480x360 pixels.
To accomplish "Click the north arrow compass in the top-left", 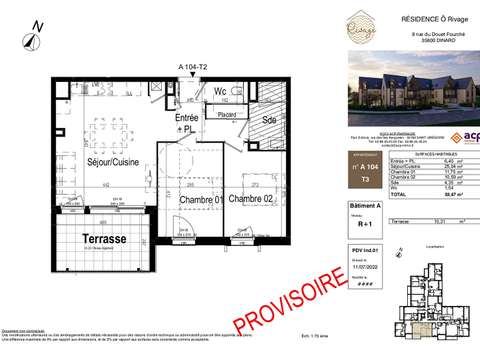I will (35, 37).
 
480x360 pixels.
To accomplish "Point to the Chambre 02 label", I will (251, 200).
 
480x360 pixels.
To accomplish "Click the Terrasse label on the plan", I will (104, 240).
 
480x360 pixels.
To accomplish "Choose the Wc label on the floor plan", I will (220, 91).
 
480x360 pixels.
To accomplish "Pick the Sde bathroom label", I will (268, 119).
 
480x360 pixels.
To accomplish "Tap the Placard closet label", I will (227, 115).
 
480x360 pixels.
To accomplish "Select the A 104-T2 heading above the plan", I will (192, 65).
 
